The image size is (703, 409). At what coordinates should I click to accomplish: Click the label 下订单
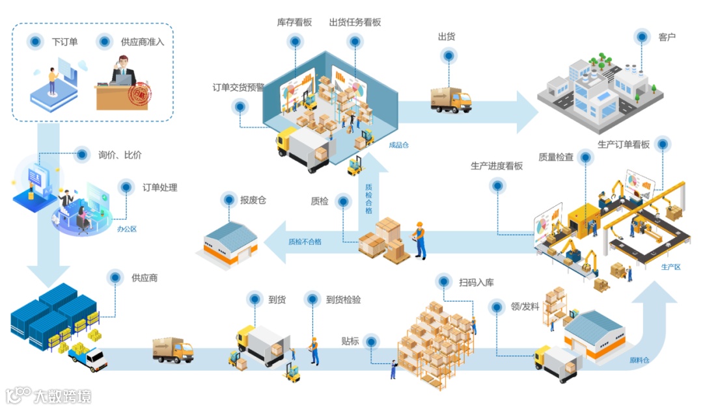coord(64,42)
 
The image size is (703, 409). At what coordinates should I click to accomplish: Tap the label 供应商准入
coord(143,42)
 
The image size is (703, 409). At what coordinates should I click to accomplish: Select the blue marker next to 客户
coord(642,37)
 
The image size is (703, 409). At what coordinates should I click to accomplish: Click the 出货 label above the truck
coord(447,36)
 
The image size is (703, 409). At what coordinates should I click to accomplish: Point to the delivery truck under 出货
coord(450,99)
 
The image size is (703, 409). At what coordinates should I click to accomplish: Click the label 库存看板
coord(294,22)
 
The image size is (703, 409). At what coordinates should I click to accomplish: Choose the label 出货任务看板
coord(355,22)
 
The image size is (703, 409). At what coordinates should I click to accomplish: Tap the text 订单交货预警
coord(238,87)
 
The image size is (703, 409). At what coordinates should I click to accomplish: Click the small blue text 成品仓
coord(398,145)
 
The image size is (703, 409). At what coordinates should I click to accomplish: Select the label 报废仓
coord(253,200)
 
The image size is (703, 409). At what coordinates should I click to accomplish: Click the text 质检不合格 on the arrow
coord(305,242)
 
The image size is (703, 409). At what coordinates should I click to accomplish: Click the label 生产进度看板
coord(497,166)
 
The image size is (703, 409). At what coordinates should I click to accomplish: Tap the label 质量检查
coord(556,157)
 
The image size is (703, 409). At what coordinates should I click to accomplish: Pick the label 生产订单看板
coord(624,144)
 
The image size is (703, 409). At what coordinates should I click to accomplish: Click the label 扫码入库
coord(476,282)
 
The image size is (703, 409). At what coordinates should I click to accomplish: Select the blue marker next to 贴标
coord(371,341)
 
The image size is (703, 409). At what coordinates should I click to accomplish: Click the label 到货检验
coord(343,300)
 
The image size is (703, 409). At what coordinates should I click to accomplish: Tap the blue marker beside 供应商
coord(115,278)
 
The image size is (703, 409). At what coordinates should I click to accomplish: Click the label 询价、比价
coord(120,155)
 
